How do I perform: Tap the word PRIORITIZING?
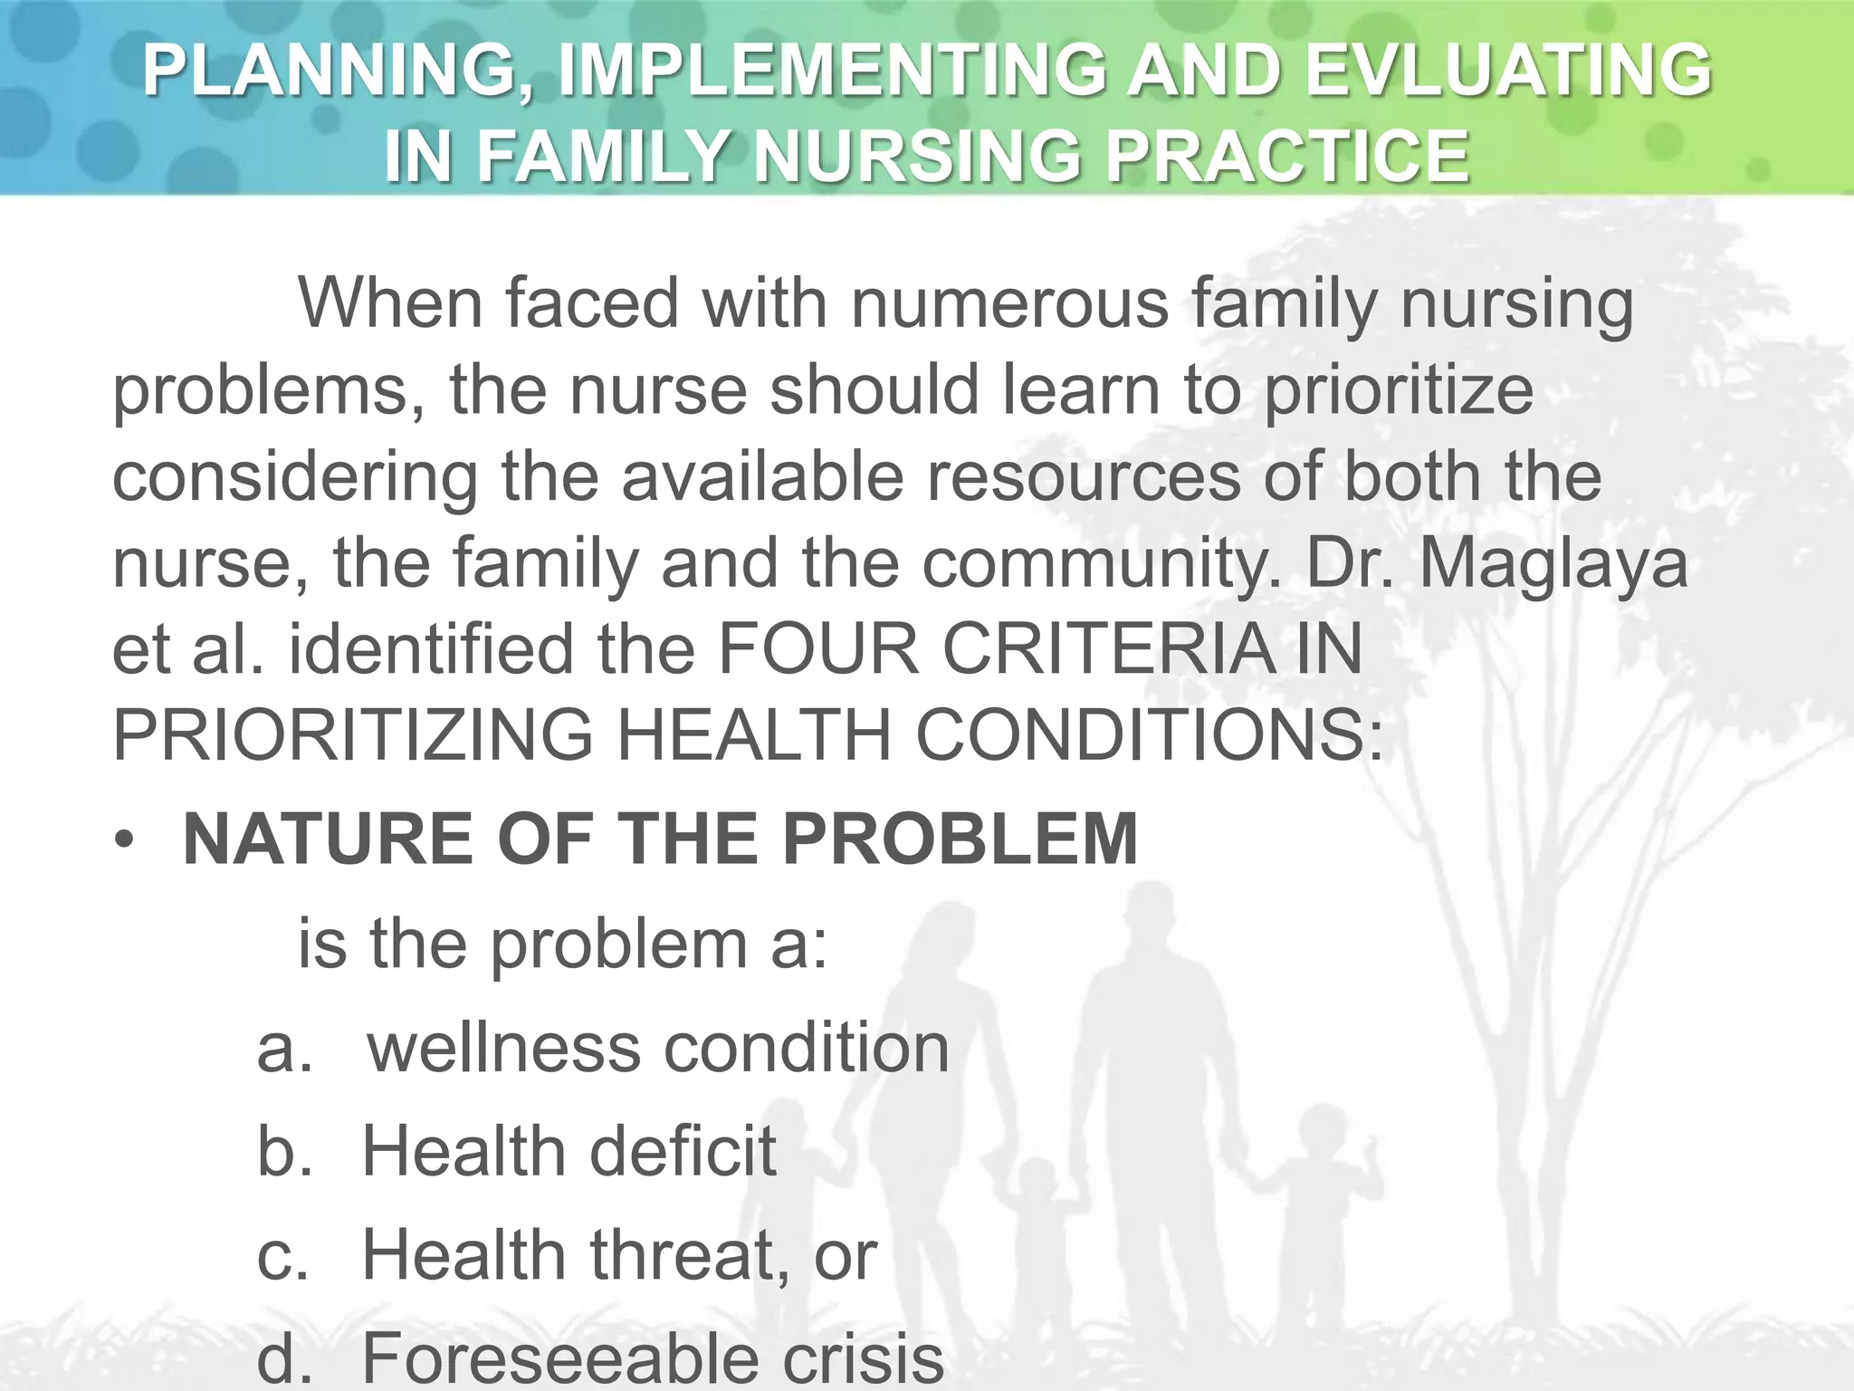[x=352, y=734]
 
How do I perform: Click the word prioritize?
[x=1398, y=390]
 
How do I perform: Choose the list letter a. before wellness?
[x=284, y=1049]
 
